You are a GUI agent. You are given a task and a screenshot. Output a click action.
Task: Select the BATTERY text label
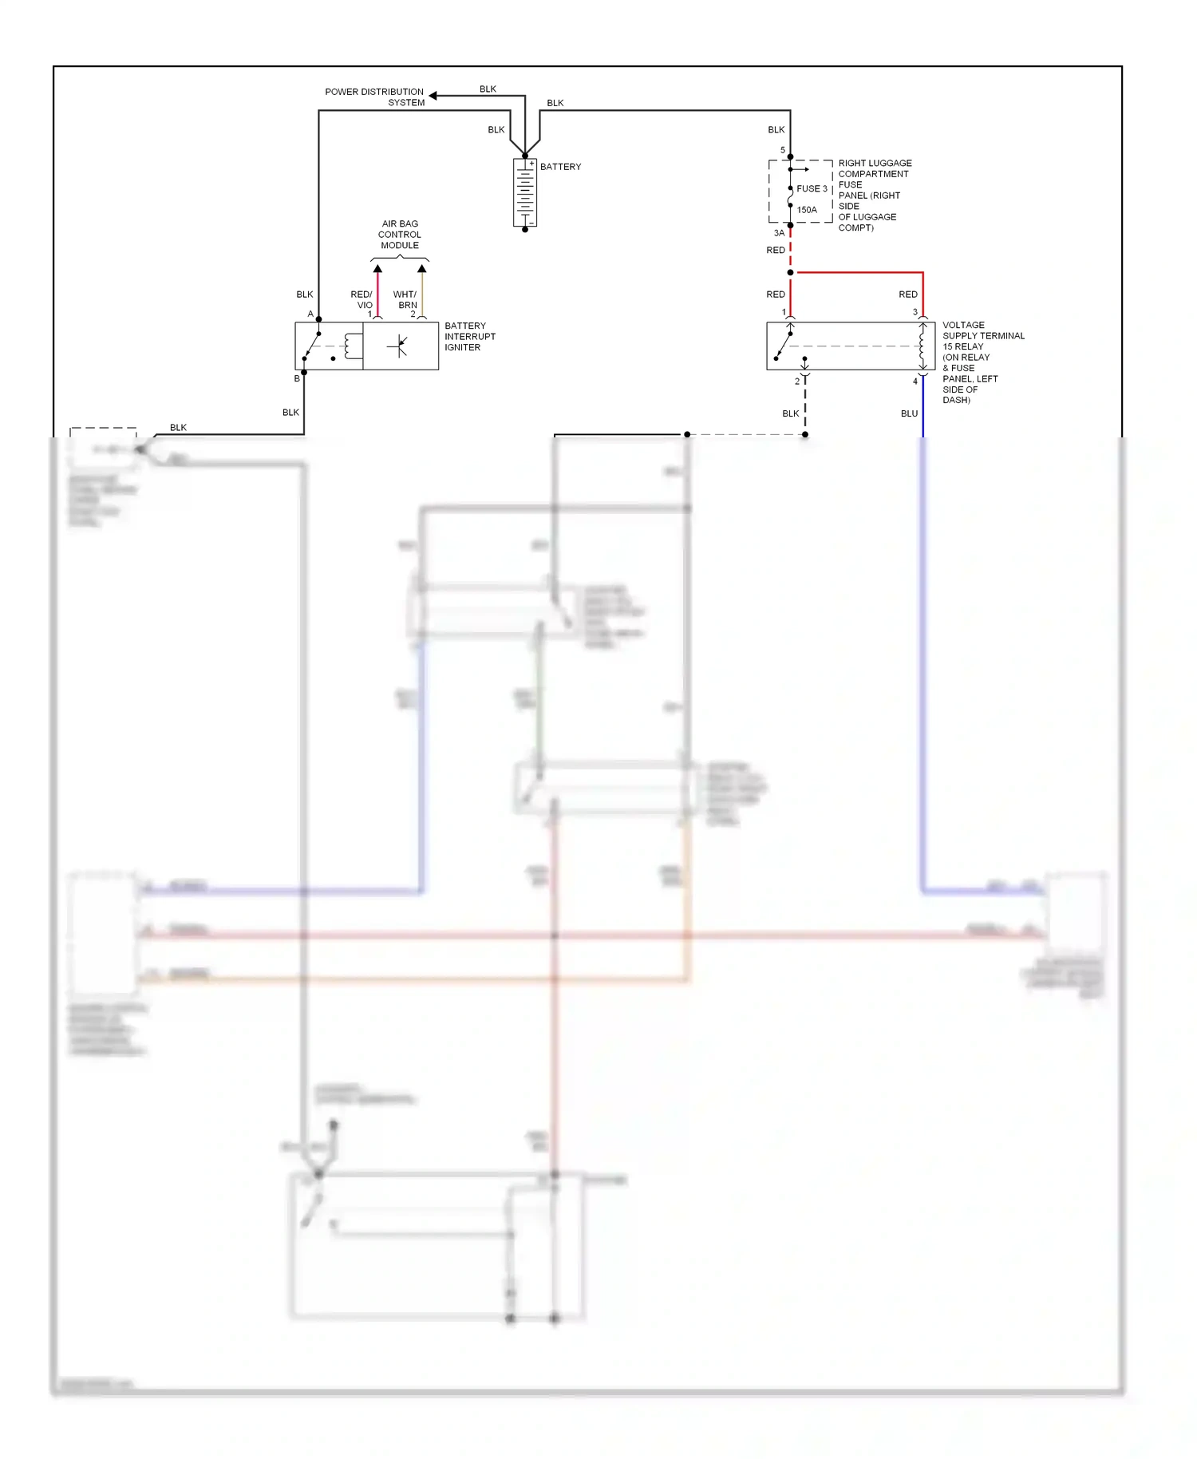(560, 167)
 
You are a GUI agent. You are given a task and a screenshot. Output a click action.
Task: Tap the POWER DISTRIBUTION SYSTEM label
(374, 97)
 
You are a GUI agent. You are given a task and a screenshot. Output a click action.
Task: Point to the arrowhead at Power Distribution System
(433, 96)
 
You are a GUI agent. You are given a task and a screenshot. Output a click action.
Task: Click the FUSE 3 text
(812, 189)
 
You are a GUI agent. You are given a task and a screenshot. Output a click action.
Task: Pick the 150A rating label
(807, 210)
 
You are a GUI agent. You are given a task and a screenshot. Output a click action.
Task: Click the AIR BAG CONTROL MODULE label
(400, 235)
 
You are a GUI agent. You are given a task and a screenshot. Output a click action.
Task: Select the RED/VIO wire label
(361, 300)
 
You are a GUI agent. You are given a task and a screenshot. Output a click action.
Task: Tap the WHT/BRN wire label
(405, 300)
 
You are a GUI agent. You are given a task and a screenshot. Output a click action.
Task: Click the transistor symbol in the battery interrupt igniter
(398, 346)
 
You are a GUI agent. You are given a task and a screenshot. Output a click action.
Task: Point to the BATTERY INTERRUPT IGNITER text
(470, 337)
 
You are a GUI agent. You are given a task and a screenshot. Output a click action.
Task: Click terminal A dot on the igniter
(318, 319)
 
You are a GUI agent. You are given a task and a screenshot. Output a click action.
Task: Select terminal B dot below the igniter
(304, 373)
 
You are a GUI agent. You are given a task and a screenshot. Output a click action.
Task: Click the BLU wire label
(909, 413)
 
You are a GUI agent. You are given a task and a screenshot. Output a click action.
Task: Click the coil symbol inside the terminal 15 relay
(922, 346)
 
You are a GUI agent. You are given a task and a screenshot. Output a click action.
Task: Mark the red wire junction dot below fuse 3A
(790, 273)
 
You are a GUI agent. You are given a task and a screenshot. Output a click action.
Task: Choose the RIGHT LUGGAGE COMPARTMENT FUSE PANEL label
(874, 196)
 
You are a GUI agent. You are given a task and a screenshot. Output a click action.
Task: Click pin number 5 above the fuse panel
(783, 150)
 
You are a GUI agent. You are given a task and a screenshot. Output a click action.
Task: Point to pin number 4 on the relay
(915, 382)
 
